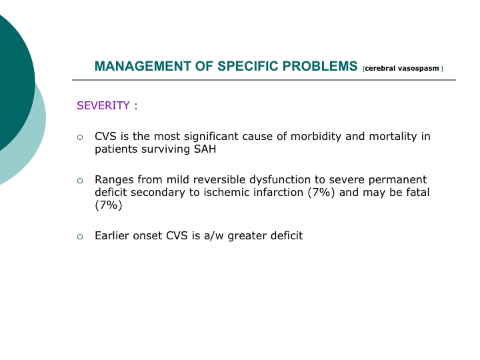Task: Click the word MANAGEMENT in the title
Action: click(143, 66)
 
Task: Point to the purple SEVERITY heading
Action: click(103, 105)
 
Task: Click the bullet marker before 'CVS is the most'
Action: click(80, 137)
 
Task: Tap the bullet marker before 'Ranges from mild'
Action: click(80, 181)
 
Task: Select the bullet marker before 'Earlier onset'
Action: click(80, 237)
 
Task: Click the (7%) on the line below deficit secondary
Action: click(109, 205)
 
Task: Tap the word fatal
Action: click(418, 192)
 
